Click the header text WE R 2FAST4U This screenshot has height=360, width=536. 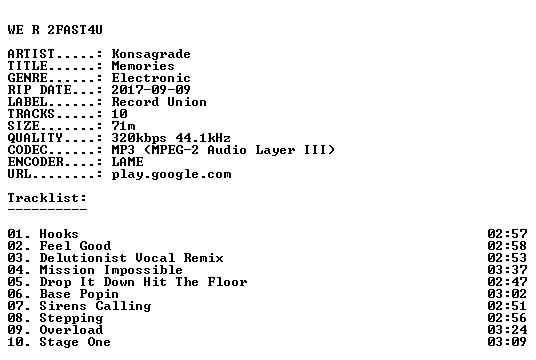click(x=55, y=30)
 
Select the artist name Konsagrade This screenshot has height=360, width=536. click(x=151, y=54)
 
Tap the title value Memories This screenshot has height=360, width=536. click(x=143, y=66)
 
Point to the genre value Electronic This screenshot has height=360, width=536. click(x=151, y=78)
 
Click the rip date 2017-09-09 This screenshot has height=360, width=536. click(x=151, y=90)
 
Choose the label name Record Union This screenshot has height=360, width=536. click(x=159, y=102)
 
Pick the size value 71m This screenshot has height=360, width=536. click(x=123, y=125)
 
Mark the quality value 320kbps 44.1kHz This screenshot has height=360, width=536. click(x=171, y=137)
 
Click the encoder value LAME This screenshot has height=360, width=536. click(x=128, y=161)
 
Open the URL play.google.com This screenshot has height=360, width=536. click(x=171, y=174)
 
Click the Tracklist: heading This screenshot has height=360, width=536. click(x=47, y=198)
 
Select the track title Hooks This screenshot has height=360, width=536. click(x=59, y=234)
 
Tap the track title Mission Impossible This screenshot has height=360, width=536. click(x=111, y=270)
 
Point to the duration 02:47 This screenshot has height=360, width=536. click(x=507, y=282)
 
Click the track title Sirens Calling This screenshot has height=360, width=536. click(x=95, y=306)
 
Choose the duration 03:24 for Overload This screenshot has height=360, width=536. click(x=507, y=330)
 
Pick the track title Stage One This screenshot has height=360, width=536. click(x=75, y=342)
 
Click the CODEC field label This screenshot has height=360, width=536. click(x=27, y=149)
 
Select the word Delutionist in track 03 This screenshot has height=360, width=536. click(x=83, y=257)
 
